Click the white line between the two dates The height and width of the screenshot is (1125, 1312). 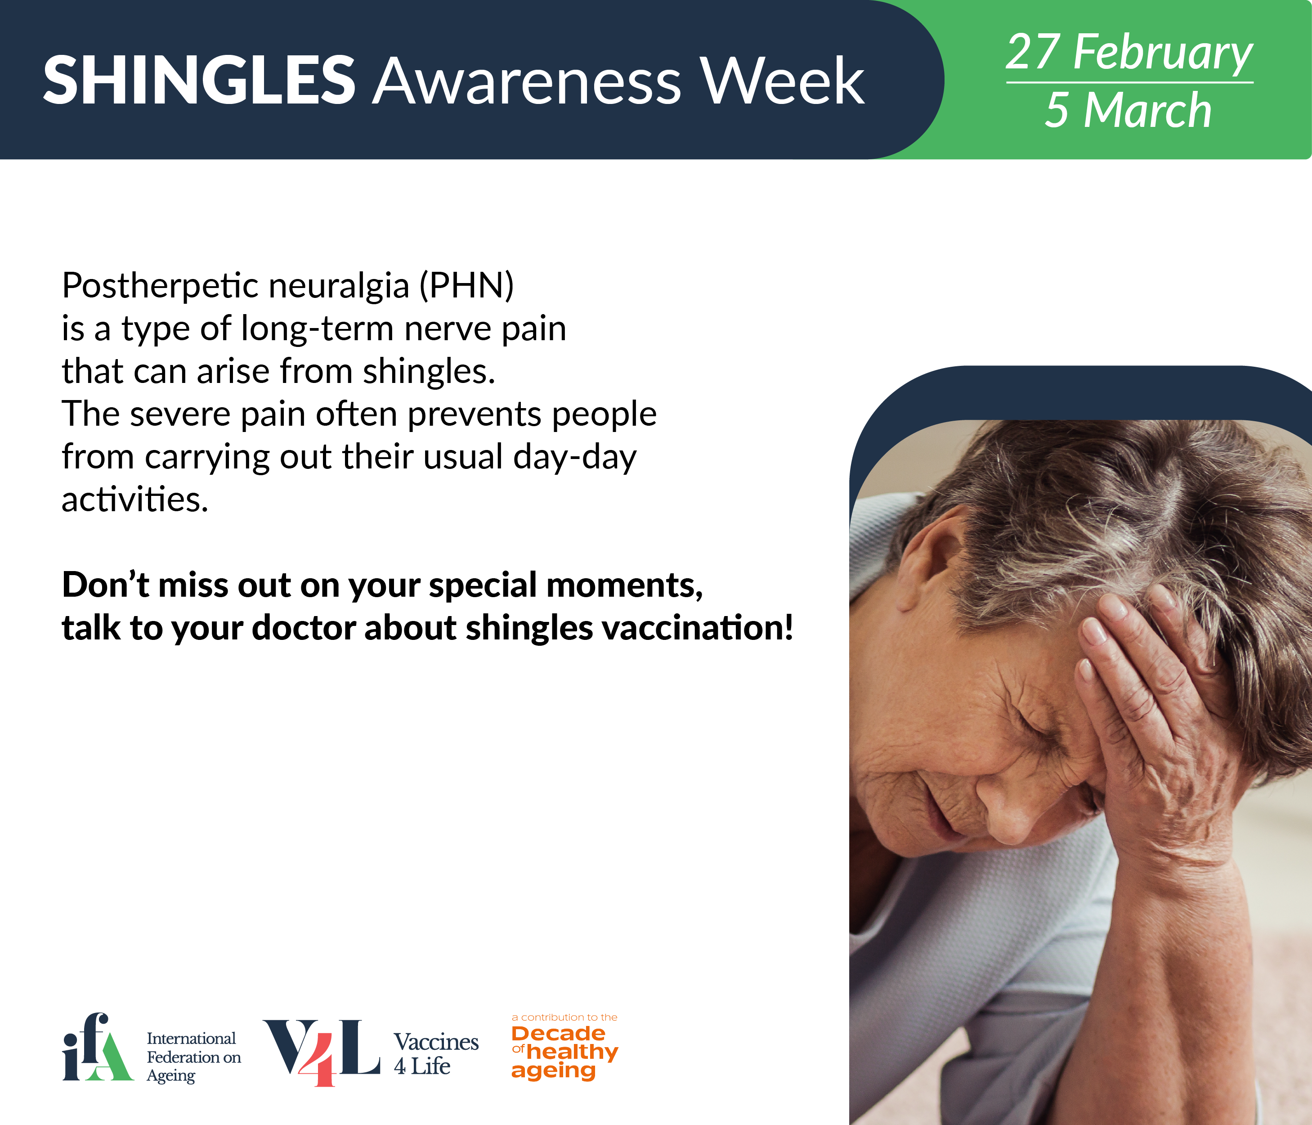1130,82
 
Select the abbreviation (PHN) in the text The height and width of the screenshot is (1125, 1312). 467,286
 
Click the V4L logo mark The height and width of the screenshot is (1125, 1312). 322,1052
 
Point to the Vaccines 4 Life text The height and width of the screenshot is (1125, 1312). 436,1053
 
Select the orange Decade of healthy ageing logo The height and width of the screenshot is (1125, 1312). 564,1047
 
